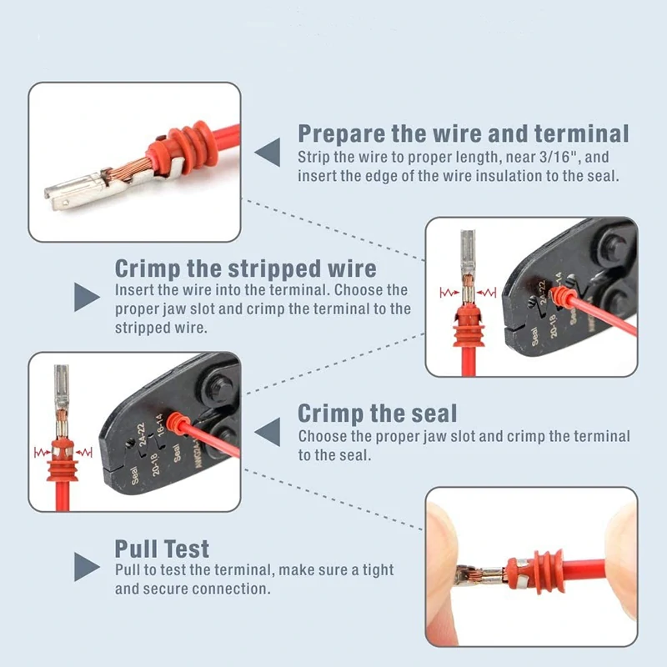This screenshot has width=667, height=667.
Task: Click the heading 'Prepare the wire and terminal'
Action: pyautogui.click(x=464, y=133)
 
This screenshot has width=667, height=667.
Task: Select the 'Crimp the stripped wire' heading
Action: pyautogui.click(x=245, y=268)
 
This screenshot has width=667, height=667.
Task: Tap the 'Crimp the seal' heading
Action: pyautogui.click(x=378, y=413)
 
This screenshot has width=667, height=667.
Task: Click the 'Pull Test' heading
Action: pyautogui.click(x=162, y=549)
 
